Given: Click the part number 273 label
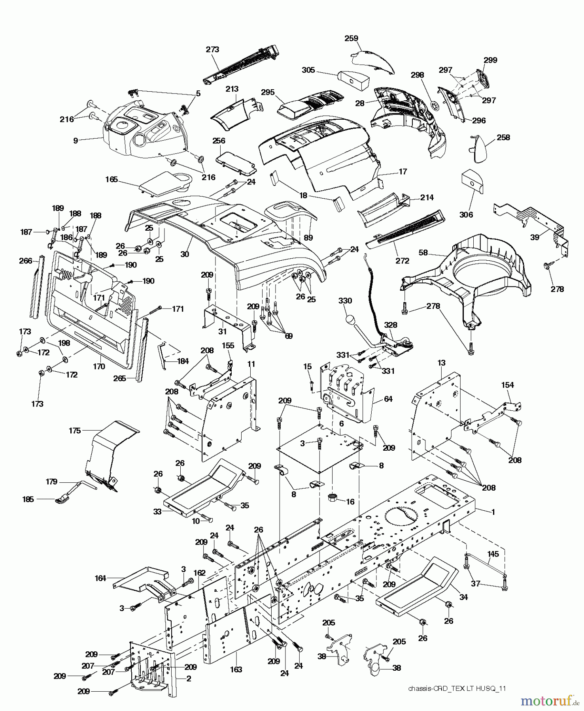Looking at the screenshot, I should [x=212, y=49].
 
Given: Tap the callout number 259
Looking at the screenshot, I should [x=351, y=38].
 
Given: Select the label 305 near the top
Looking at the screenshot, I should [x=308, y=70].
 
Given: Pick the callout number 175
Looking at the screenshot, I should [x=75, y=431].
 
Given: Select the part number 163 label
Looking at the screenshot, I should [x=236, y=669].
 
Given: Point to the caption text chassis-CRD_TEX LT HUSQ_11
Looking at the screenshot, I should [x=457, y=688].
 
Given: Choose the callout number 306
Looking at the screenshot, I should [x=466, y=214].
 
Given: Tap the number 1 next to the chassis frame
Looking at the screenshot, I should [x=493, y=512].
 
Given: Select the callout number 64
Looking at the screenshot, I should [x=388, y=399].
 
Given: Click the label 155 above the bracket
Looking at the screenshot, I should [x=228, y=345].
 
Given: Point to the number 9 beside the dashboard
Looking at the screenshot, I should [x=76, y=140].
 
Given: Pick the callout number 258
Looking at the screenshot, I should [x=503, y=137].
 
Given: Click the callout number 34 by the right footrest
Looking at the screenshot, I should [x=463, y=597].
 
